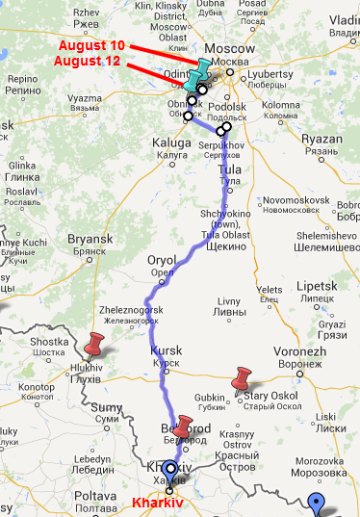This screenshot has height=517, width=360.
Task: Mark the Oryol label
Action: pyautogui.click(x=161, y=260)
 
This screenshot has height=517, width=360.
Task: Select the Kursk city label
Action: pyautogui.click(x=166, y=351)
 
